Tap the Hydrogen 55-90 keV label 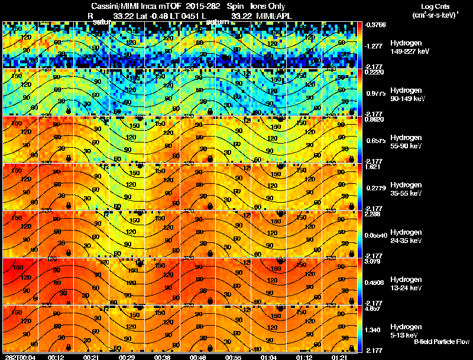[x=406, y=142]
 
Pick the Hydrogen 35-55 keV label [x=406, y=189]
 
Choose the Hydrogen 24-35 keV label [x=406, y=236]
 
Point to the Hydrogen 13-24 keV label [x=406, y=284]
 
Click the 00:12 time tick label [x=56, y=357]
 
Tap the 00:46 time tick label [x=198, y=357]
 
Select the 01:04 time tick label [x=268, y=357]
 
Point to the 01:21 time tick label [x=339, y=357]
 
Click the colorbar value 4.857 [x=372, y=308]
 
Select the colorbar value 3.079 [x=372, y=261]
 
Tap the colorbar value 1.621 [x=372, y=167]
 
